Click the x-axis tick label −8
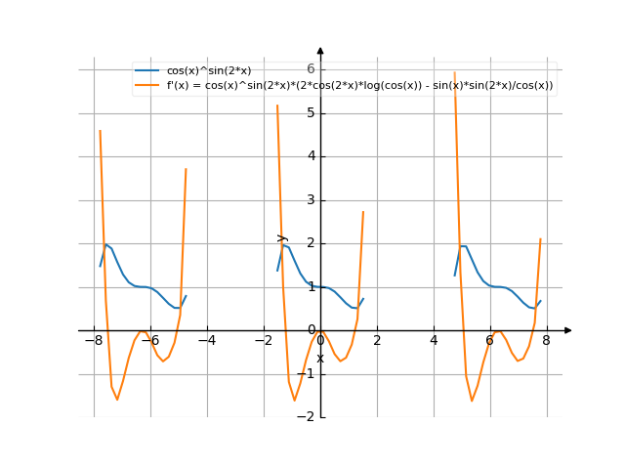93,341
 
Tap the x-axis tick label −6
149,341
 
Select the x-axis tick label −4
206,341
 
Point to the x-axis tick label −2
263,341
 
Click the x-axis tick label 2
377,341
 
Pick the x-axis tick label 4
434,341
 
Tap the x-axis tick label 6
490,341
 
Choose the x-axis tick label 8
547,341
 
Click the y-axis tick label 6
310,68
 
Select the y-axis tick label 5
310,112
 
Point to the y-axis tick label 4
310,156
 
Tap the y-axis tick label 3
310,200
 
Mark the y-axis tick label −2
307,417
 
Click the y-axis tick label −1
307,374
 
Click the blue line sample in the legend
148,71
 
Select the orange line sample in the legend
148,86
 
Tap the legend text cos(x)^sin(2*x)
209,71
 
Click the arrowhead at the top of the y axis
320,50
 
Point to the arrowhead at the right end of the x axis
568,330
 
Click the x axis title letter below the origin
320,358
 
